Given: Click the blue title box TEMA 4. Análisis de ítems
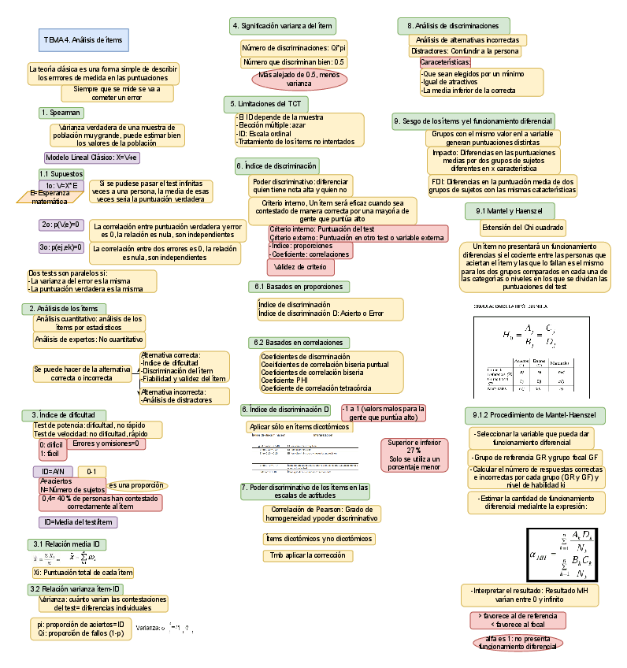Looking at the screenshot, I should (x=83, y=39).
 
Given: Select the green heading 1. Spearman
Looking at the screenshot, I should (x=61, y=113).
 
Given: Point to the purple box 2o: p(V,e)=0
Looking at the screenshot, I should (x=61, y=225).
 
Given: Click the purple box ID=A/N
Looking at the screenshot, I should (x=54, y=471).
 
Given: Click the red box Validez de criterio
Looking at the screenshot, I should (x=300, y=267).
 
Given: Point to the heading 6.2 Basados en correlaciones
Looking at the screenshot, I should (x=290, y=343).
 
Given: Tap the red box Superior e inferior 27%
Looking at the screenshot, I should (x=414, y=455).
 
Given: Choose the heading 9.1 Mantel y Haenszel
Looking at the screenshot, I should (x=508, y=211).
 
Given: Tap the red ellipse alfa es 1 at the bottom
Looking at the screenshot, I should (x=518, y=642).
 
